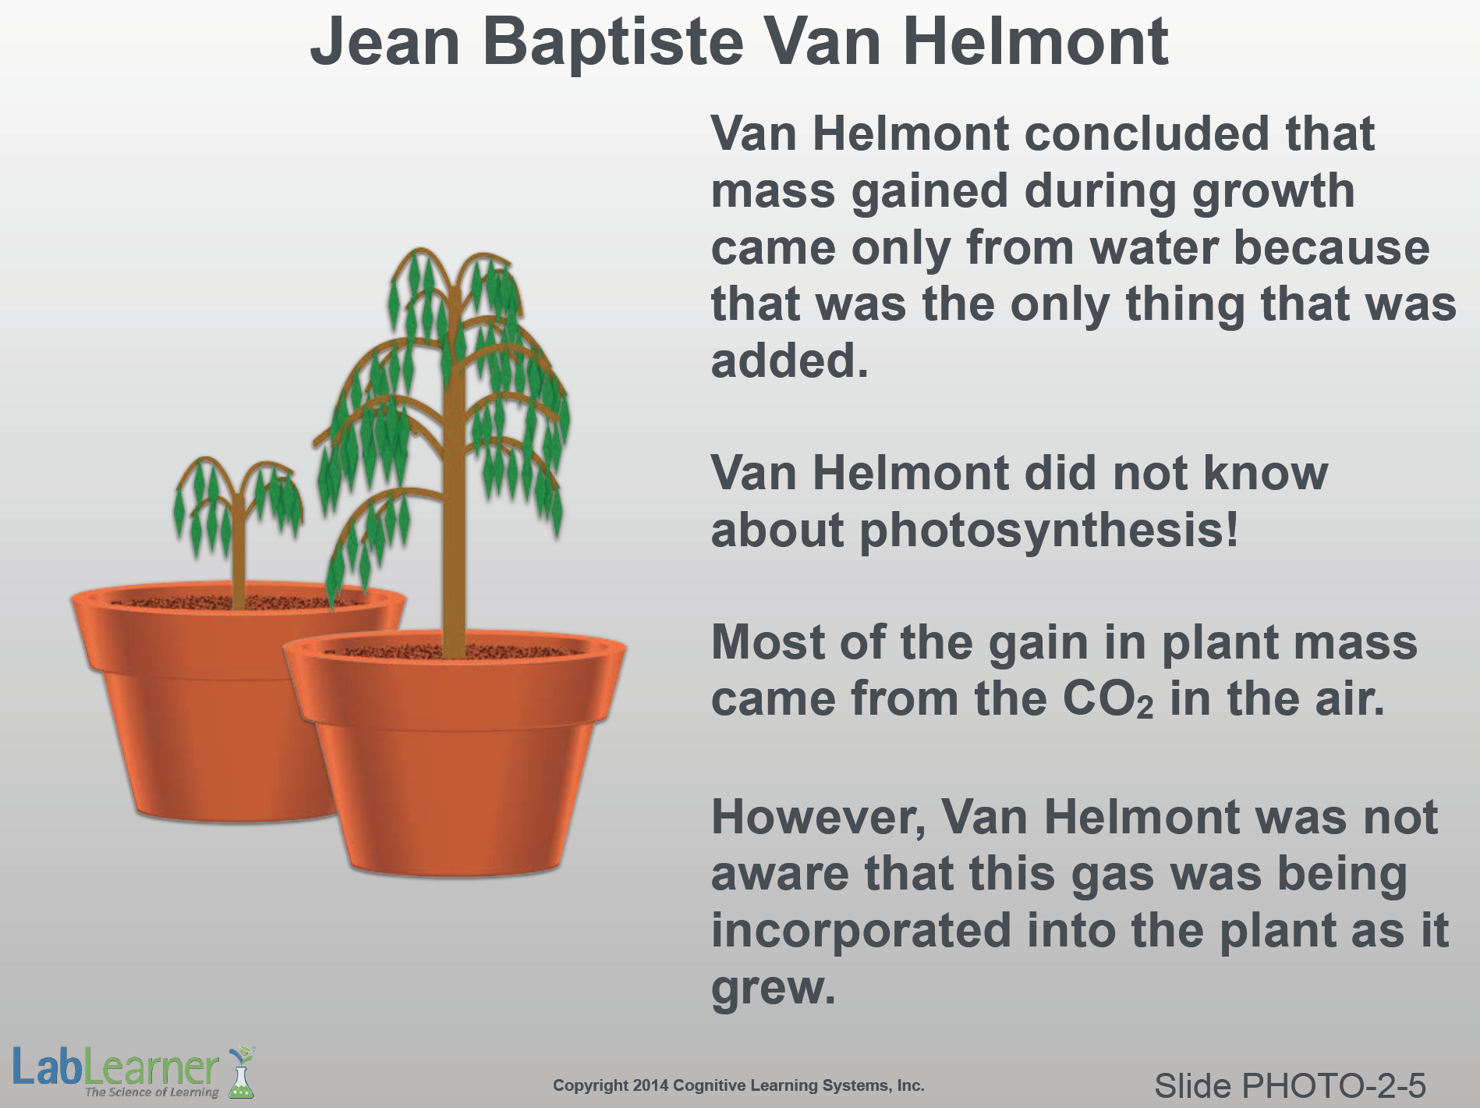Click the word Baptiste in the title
[x=613, y=42]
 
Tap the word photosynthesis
[x=1049, y=531]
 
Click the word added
[x=789, y=360]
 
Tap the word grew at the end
[x=773, y=989]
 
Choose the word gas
[x=1112, y=875]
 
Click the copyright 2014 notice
[x=738, y=1085]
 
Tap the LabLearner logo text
[x=115, y=1067]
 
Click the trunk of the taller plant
[x=452, y=484]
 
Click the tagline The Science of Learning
[x=152, y=1092]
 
